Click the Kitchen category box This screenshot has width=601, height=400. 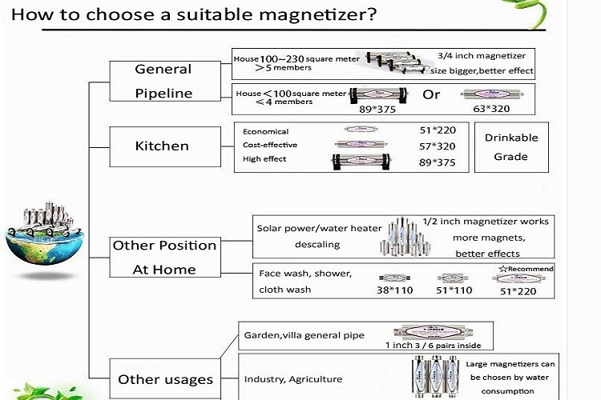click(162, 146)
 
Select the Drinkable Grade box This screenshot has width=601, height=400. click(510, 147)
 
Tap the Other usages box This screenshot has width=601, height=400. click(165, 379)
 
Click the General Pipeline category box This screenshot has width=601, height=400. click(163, 81)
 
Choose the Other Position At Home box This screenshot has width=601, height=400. click(164, 257)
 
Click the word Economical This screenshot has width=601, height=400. click(266, 131)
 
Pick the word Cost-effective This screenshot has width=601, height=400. click(270, 145)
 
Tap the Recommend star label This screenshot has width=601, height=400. click(526, 269)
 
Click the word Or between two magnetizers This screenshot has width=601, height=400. click(432, 94)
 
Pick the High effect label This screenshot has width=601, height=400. click(264, 159)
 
